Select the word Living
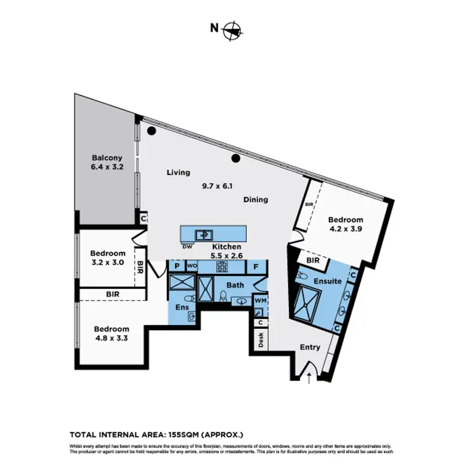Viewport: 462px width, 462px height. point(179,172)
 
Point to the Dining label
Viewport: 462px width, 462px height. point(255,200)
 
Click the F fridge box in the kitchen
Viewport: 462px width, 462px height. point(256,267)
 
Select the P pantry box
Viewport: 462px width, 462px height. point(176,267)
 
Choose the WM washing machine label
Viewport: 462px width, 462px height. point(260,300)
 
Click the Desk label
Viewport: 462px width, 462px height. point(261,341)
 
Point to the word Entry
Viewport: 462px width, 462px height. point(310,347)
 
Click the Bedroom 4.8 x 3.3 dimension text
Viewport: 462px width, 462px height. point(111,339)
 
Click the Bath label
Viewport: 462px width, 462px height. point(235,285)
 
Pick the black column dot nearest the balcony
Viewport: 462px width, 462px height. point(152,131)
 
